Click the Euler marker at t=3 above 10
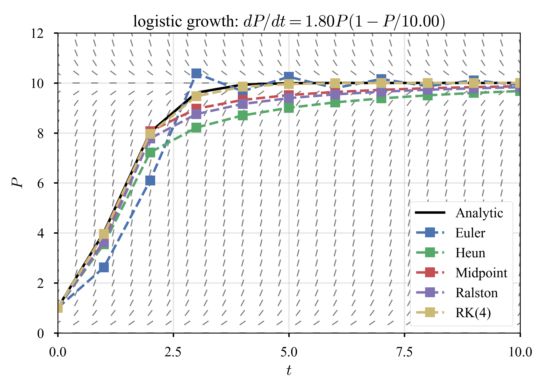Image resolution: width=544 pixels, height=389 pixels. coord(196,73)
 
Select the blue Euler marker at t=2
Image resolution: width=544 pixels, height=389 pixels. coord(150,180)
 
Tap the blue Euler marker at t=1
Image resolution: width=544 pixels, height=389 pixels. coord(104,267)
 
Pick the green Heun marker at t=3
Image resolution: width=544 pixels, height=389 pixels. coord(196,128)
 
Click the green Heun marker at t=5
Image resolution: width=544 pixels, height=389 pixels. coord(289,108)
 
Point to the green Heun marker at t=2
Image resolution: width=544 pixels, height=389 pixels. coord(150,152)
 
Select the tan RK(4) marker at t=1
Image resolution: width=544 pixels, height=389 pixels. coord(104,234)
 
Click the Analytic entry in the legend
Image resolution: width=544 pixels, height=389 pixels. coord(479,213)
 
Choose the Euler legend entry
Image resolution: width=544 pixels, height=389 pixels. coord(470,233)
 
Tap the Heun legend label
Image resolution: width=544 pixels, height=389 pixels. coord(470,253)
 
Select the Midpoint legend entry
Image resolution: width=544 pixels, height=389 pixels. coord(481,273)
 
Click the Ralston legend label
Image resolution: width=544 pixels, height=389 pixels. coord(476,293)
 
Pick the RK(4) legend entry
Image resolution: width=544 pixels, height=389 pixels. coord(473,313)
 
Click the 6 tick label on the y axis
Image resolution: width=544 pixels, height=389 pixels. coord(41,183)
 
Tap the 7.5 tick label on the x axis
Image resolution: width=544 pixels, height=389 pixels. coord(404,352)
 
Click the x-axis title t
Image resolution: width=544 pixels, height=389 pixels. coord(289,370)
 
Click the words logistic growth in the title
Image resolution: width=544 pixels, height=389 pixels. coord(185,21)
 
